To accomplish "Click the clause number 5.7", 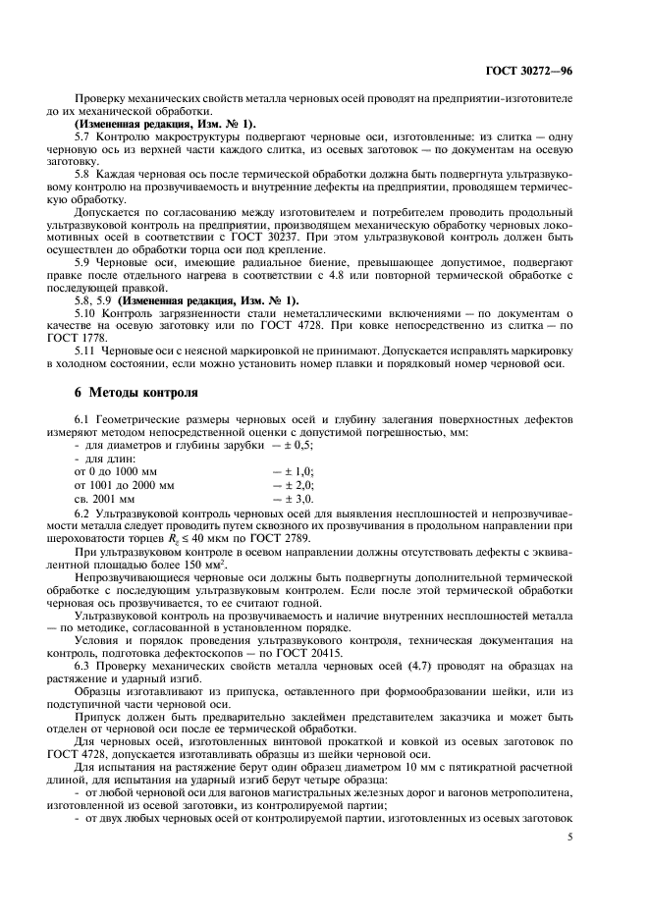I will (x=83, y=135).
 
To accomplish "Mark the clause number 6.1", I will (x=83, y=419).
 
